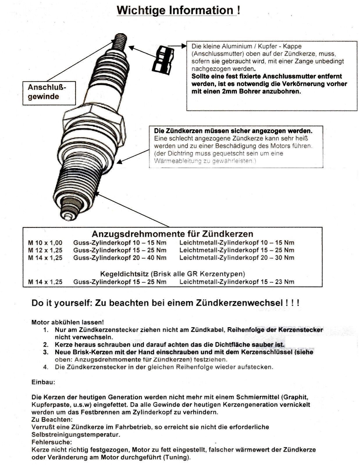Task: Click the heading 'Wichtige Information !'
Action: coord(178,10)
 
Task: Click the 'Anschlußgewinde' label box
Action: coord(49,92)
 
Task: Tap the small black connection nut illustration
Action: coord(163,59)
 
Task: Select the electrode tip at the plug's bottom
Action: coord(69,216)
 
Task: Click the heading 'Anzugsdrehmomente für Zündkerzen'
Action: coord(172,234)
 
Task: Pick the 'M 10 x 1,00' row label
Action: coord(45,243)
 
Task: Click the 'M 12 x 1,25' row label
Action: coord(45,250)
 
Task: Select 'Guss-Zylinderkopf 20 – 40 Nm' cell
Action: coord(120,258)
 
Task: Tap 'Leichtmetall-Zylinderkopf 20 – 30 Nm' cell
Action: coord(237,258)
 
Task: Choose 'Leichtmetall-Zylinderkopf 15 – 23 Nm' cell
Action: coord(237,282)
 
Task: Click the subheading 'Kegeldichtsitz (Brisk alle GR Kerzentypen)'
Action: coord(172,274)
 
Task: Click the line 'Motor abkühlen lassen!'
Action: coord(67,322)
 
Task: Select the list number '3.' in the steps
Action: coord(46,352)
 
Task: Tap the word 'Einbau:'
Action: coord(43,382)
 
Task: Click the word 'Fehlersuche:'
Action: coord(51,442)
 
